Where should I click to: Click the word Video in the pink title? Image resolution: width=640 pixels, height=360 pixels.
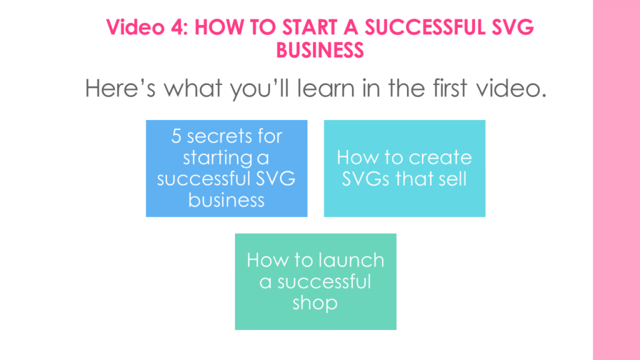coord(135,27)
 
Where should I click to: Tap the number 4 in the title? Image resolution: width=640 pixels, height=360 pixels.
coord(178,27)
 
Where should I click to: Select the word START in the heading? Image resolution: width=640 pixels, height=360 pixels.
coord(309,27)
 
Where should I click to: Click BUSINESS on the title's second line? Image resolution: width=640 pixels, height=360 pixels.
coord(320,50)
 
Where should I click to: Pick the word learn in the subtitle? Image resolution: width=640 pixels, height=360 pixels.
coord(326,88)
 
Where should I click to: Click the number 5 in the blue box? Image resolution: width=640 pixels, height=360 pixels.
coord(176,136)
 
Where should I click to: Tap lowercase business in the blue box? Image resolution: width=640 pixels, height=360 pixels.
coord(226,200)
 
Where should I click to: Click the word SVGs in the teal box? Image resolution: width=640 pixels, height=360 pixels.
coord(366,179)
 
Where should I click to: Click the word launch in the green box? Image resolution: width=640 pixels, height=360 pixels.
coord(351,260)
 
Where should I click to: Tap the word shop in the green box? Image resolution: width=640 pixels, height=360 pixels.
coord(315,303)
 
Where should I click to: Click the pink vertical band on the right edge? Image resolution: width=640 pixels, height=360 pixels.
coord(616,180)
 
